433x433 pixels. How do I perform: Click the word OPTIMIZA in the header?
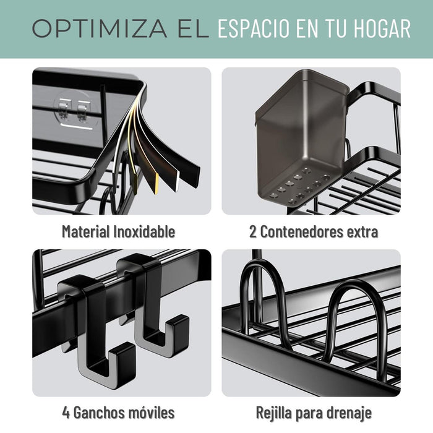100,28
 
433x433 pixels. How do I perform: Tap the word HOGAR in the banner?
382,28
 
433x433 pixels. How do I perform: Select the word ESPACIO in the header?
253,28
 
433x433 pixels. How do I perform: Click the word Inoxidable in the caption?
144,231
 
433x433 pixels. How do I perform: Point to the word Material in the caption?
86,231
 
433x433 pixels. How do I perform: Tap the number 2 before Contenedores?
252,232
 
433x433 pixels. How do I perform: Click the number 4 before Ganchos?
66,413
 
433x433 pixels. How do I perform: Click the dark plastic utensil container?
301,138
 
